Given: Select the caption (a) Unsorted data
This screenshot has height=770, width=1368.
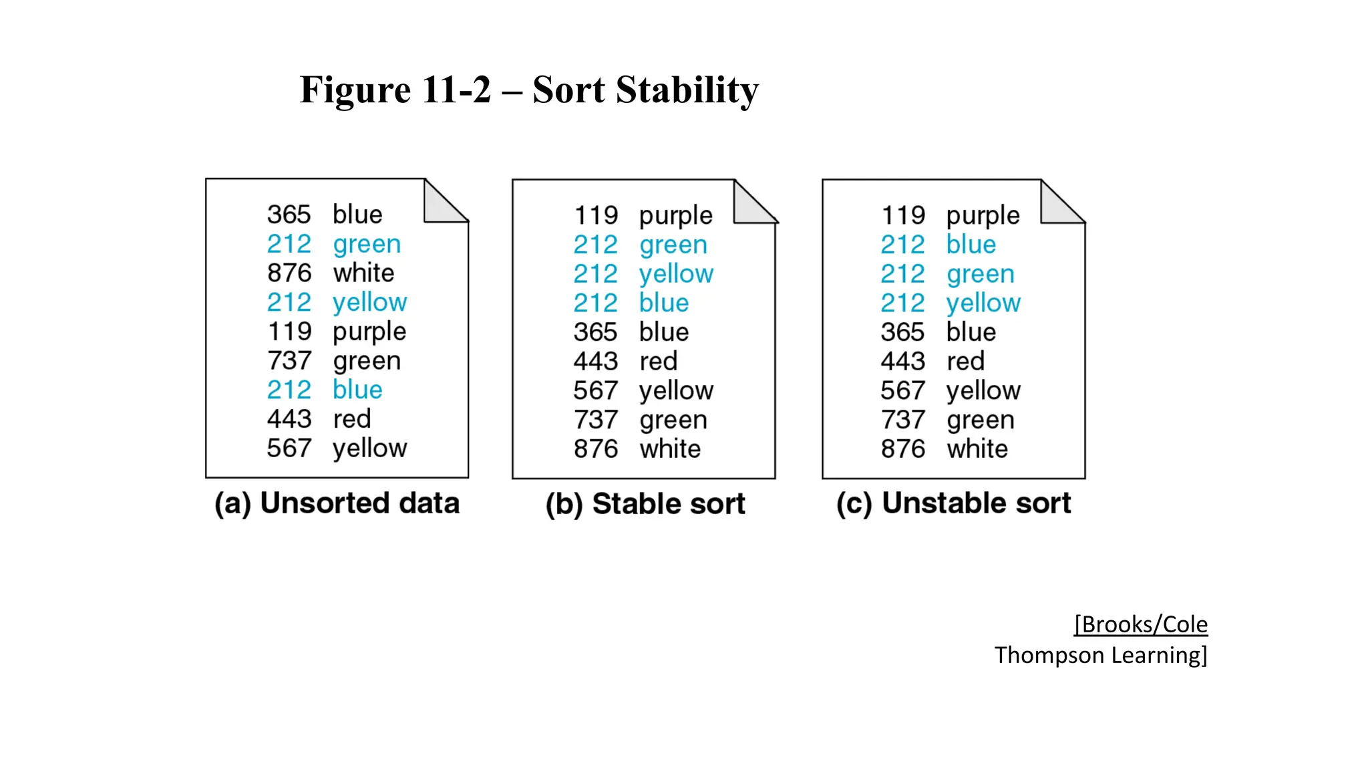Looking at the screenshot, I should point(337,503).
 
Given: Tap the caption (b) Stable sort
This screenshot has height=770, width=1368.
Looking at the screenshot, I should point(645,504).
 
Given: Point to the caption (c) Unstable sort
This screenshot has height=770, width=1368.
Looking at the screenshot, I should point(953,503).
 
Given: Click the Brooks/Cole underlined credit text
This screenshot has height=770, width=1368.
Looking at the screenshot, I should point(1140,624).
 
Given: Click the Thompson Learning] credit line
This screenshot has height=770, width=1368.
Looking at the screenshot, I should point(1100,655).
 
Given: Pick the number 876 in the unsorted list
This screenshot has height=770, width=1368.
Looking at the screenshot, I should point(289,273).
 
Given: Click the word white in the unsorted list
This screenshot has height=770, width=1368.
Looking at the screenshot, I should point(363,273).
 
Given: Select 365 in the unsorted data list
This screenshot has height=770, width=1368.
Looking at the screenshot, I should point(289,215).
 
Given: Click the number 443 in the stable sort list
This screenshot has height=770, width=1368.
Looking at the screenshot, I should point(596,361).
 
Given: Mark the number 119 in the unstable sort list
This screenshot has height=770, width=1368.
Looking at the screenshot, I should point(903,215).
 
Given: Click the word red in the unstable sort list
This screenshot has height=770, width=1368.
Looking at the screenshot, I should point(965,361).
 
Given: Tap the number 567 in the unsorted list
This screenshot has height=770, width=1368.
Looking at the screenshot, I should point(289,448).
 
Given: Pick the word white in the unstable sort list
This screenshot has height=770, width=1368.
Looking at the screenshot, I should point(977,448).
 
